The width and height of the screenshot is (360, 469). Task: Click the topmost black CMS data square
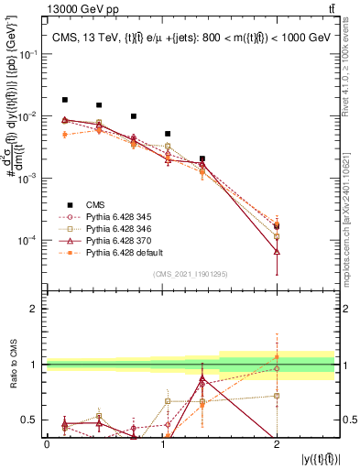click(x=64, y=100)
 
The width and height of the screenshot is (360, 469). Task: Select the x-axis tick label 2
click(x=277, y=443)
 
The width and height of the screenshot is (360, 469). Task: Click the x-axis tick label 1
click(x=161, y=443)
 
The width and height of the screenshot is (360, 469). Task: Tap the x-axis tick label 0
click(x=47, y=443)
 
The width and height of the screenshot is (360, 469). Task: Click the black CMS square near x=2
click(x=277, y=225)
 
